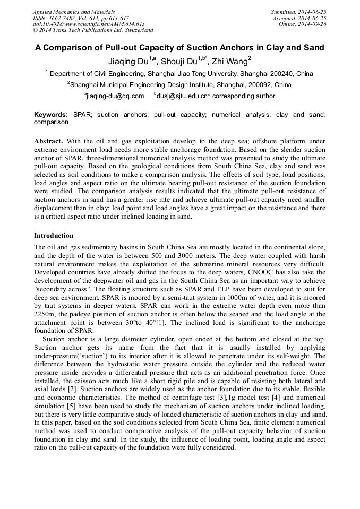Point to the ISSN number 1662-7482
click(x=68, y=18)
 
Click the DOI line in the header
click(x=89, y=24)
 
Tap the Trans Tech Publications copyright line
click(x=92, y=30)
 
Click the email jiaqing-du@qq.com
click(x=115, y=96)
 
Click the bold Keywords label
click(x=50, y=115)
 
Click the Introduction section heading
click(x=54, y=235)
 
